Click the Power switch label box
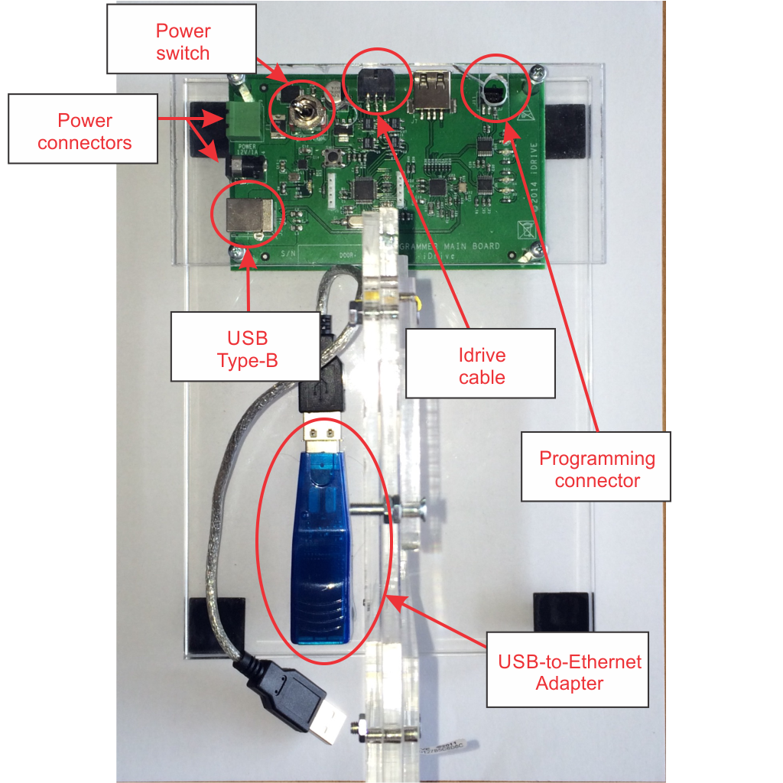[x=183, y=41]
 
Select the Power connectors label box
[x=84, y=131]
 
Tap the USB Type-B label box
[x=246, y=347]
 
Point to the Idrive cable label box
[x=481, y=365]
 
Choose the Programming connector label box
[x=596, y=468]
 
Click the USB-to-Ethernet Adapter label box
[x=569, y=671]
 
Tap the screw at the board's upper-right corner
[x=541, y=72]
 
